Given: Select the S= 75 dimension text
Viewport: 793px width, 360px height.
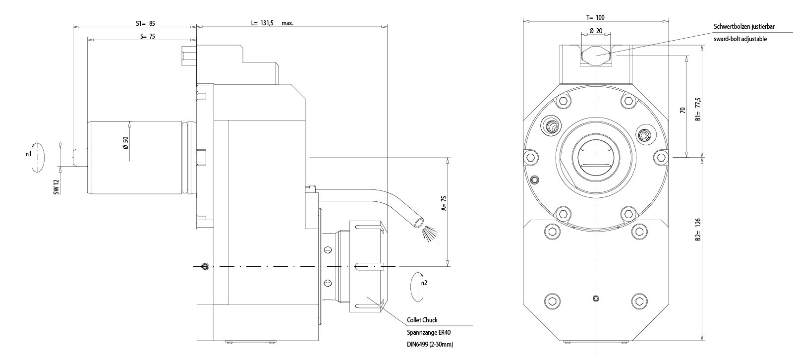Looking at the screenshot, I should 148,36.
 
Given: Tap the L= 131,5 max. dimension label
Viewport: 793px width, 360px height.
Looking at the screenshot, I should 272,23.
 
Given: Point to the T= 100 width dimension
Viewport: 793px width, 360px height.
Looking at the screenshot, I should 595,17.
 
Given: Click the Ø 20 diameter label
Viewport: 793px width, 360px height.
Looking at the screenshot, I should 596,31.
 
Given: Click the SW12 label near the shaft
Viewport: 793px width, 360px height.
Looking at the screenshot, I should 57,187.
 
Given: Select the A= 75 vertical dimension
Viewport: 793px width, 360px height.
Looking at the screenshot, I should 444,203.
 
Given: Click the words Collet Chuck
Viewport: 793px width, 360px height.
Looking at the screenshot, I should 422,320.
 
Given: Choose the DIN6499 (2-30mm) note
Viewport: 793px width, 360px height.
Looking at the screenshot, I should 430,344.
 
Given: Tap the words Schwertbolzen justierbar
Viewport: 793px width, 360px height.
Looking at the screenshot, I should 743,27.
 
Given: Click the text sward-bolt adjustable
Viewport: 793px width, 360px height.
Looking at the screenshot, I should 740,39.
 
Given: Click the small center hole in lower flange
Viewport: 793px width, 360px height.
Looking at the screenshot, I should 596,298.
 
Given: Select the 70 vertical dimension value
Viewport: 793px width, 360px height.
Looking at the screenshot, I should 682,110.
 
